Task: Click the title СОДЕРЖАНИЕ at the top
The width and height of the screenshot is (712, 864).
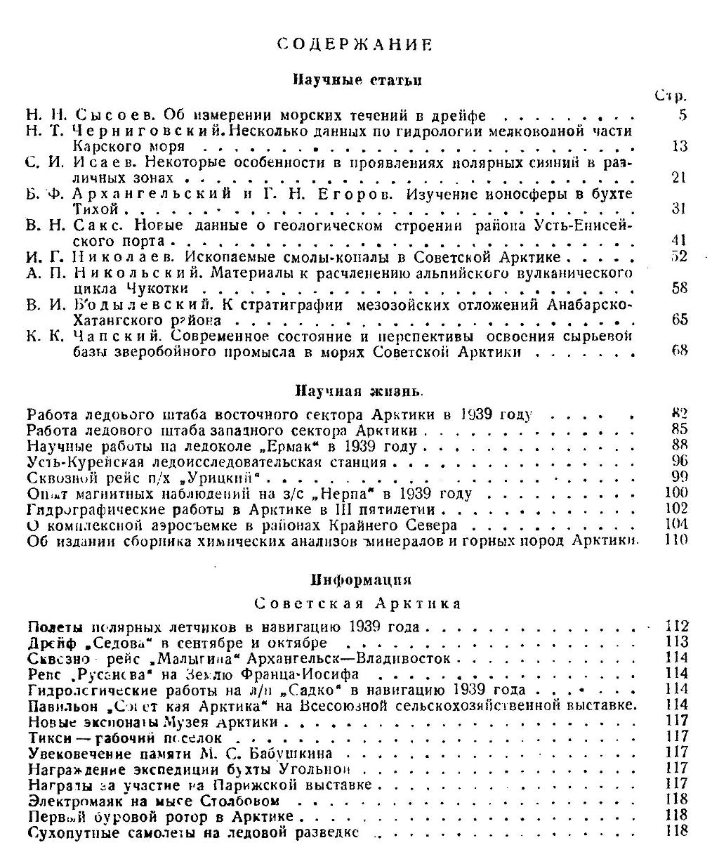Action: tap(354, 44)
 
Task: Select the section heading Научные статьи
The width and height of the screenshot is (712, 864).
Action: tap(357, 80)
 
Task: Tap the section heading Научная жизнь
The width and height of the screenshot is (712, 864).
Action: tap(357, 391)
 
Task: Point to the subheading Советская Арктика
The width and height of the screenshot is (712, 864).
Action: tap(357, 603)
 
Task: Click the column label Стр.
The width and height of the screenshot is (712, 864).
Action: tap(670, 96)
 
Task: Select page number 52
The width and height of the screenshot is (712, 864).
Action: tap(679, 256)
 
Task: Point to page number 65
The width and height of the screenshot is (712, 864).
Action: tap(679, 320)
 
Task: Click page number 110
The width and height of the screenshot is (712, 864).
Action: tap(675, 540)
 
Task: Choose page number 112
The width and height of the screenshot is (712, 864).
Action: tap(676, 626)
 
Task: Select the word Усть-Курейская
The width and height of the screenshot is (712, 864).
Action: tap(75, 462)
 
